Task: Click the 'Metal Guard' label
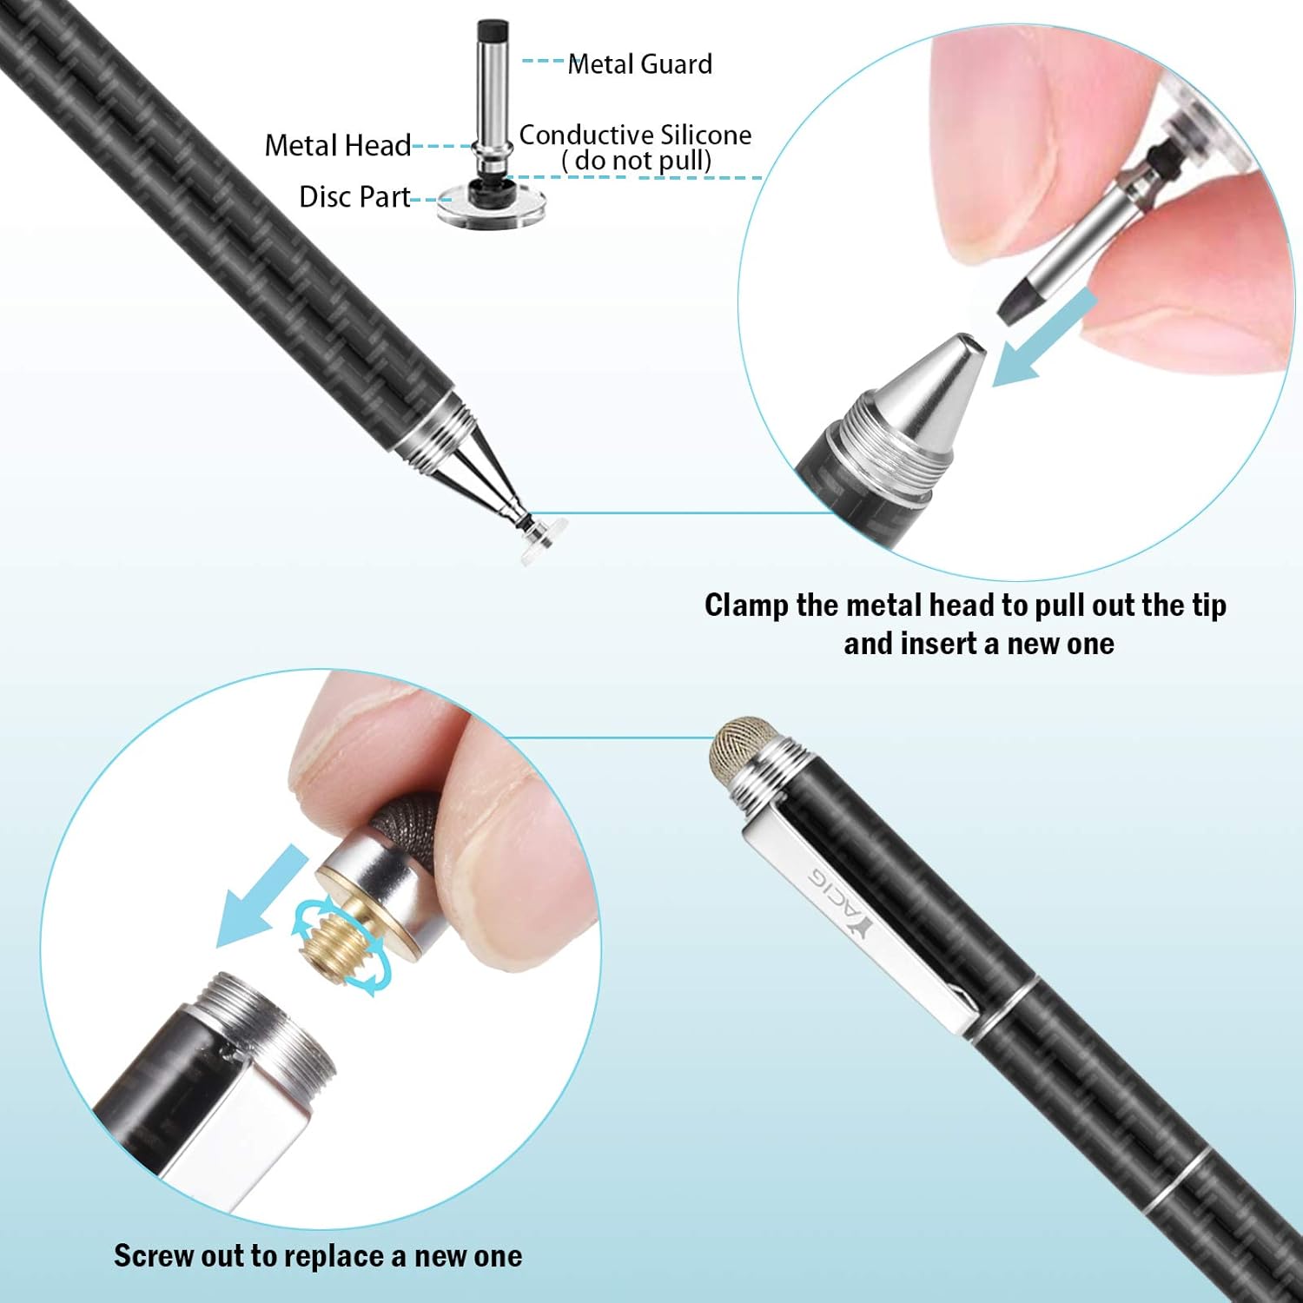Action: coord(640,64)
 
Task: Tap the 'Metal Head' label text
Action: coord(337,145)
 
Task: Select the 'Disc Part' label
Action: coord(354,197)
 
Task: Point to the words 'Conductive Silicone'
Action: coord(635,135)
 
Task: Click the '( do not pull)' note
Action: coord(637,161)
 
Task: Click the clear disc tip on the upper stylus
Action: coord(544,540)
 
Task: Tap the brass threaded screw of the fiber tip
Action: coord(333,948)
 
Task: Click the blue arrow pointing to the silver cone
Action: coord(1042,339)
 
